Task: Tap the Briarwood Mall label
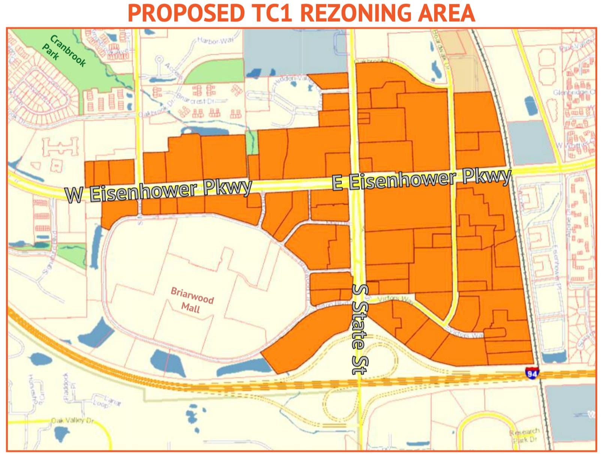click(x=192, y=300)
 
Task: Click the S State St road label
click(x=360, y=329)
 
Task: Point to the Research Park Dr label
click(x=524, y=436)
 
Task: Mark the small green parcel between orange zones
click(x=252, y=142)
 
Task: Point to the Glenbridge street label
click(x=573, y=92)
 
